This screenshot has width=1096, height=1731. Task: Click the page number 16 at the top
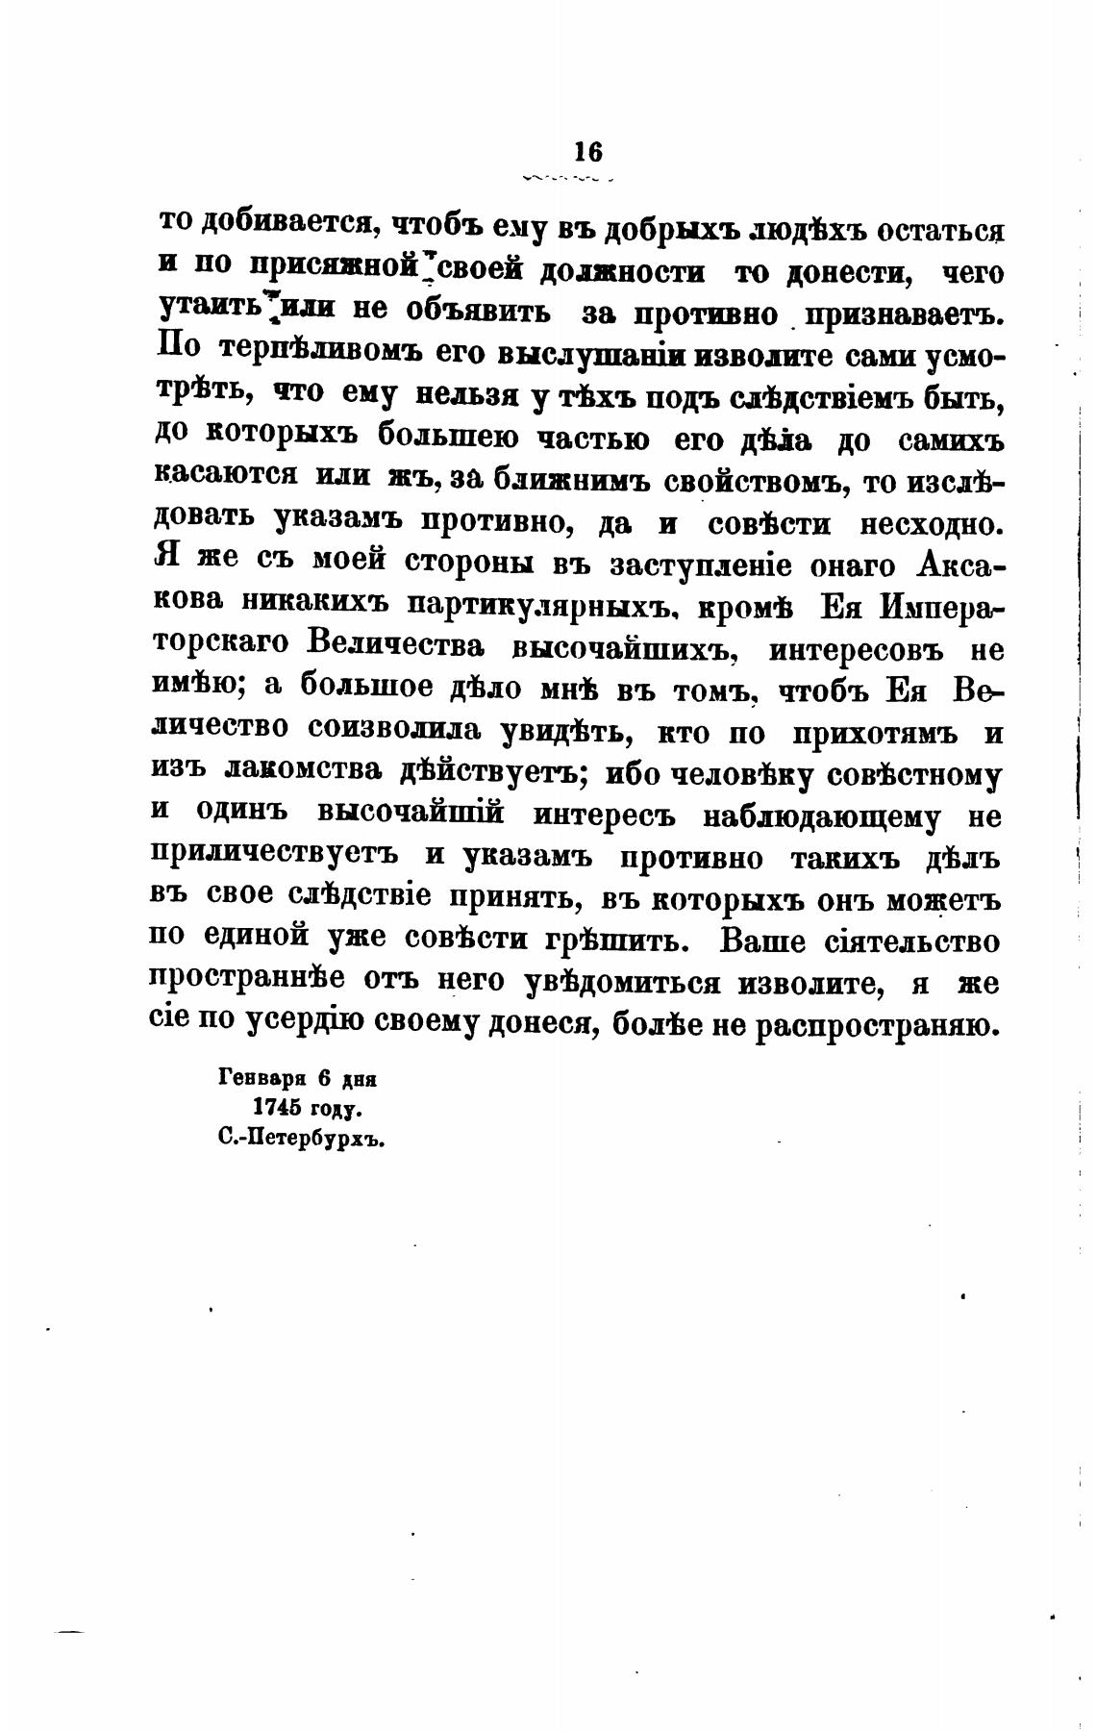click(587, 151)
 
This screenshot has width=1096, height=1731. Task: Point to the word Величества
click(396, 648)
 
